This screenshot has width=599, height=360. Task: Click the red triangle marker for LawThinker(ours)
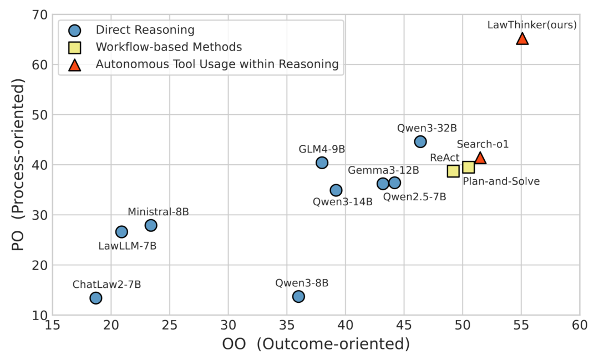tap(522, 38)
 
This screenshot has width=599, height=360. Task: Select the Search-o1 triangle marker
tap(480, 158)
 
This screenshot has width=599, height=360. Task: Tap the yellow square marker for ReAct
tap(453, 171)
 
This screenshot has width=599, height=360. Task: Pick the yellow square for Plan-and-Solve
tap(468, 167)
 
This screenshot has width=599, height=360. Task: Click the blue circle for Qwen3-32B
tap(420, 141)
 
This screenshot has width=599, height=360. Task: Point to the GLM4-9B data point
tap(322, 163)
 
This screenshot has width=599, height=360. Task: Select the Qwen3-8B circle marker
tap(298, 296)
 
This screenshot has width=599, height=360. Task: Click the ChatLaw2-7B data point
tap(96, 298)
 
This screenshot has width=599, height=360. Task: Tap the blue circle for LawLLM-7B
tap(121, 231)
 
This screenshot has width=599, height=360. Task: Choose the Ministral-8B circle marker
tap(151, 225)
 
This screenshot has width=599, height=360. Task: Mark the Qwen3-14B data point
tap(336, 190)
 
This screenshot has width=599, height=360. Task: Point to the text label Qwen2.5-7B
tap(414, 196)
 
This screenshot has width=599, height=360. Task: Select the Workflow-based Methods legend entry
tap(169, 47)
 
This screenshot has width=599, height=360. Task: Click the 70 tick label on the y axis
tap(38, 15)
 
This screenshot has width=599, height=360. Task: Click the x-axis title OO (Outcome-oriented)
tap(316, 344)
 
